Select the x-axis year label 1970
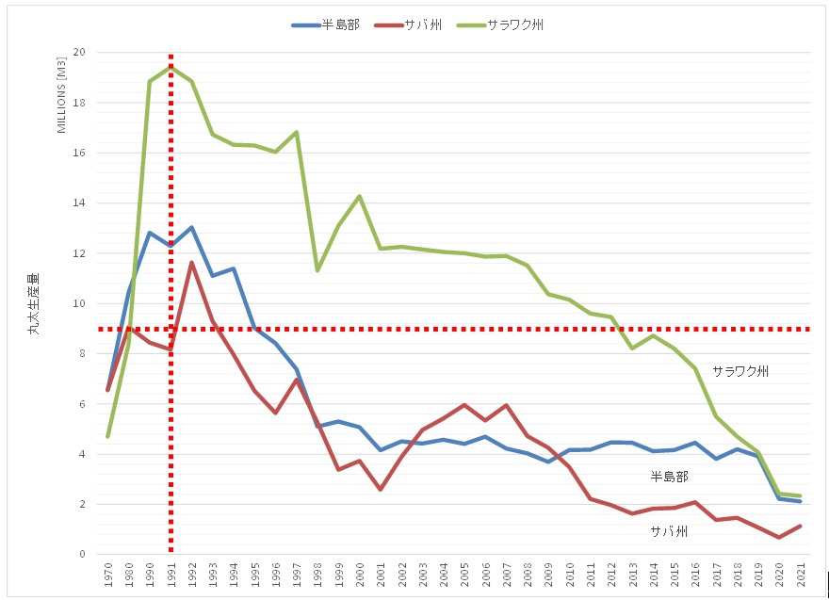(x=108, y=574)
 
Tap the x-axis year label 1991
(x=171, y=574)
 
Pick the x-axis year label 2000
(x=360, y=574)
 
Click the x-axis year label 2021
(x=801, y=574)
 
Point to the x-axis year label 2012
(x=611, y=574)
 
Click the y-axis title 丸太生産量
(x=34, y=304)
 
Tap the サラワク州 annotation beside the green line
(x=740, y=371)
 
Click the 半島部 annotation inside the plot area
(x=669, y=478)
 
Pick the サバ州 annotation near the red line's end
(x=669, y=531)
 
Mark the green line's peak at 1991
(x=171, y=67)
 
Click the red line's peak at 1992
(x=192, y=263)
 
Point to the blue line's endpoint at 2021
(x=801, y=501)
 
